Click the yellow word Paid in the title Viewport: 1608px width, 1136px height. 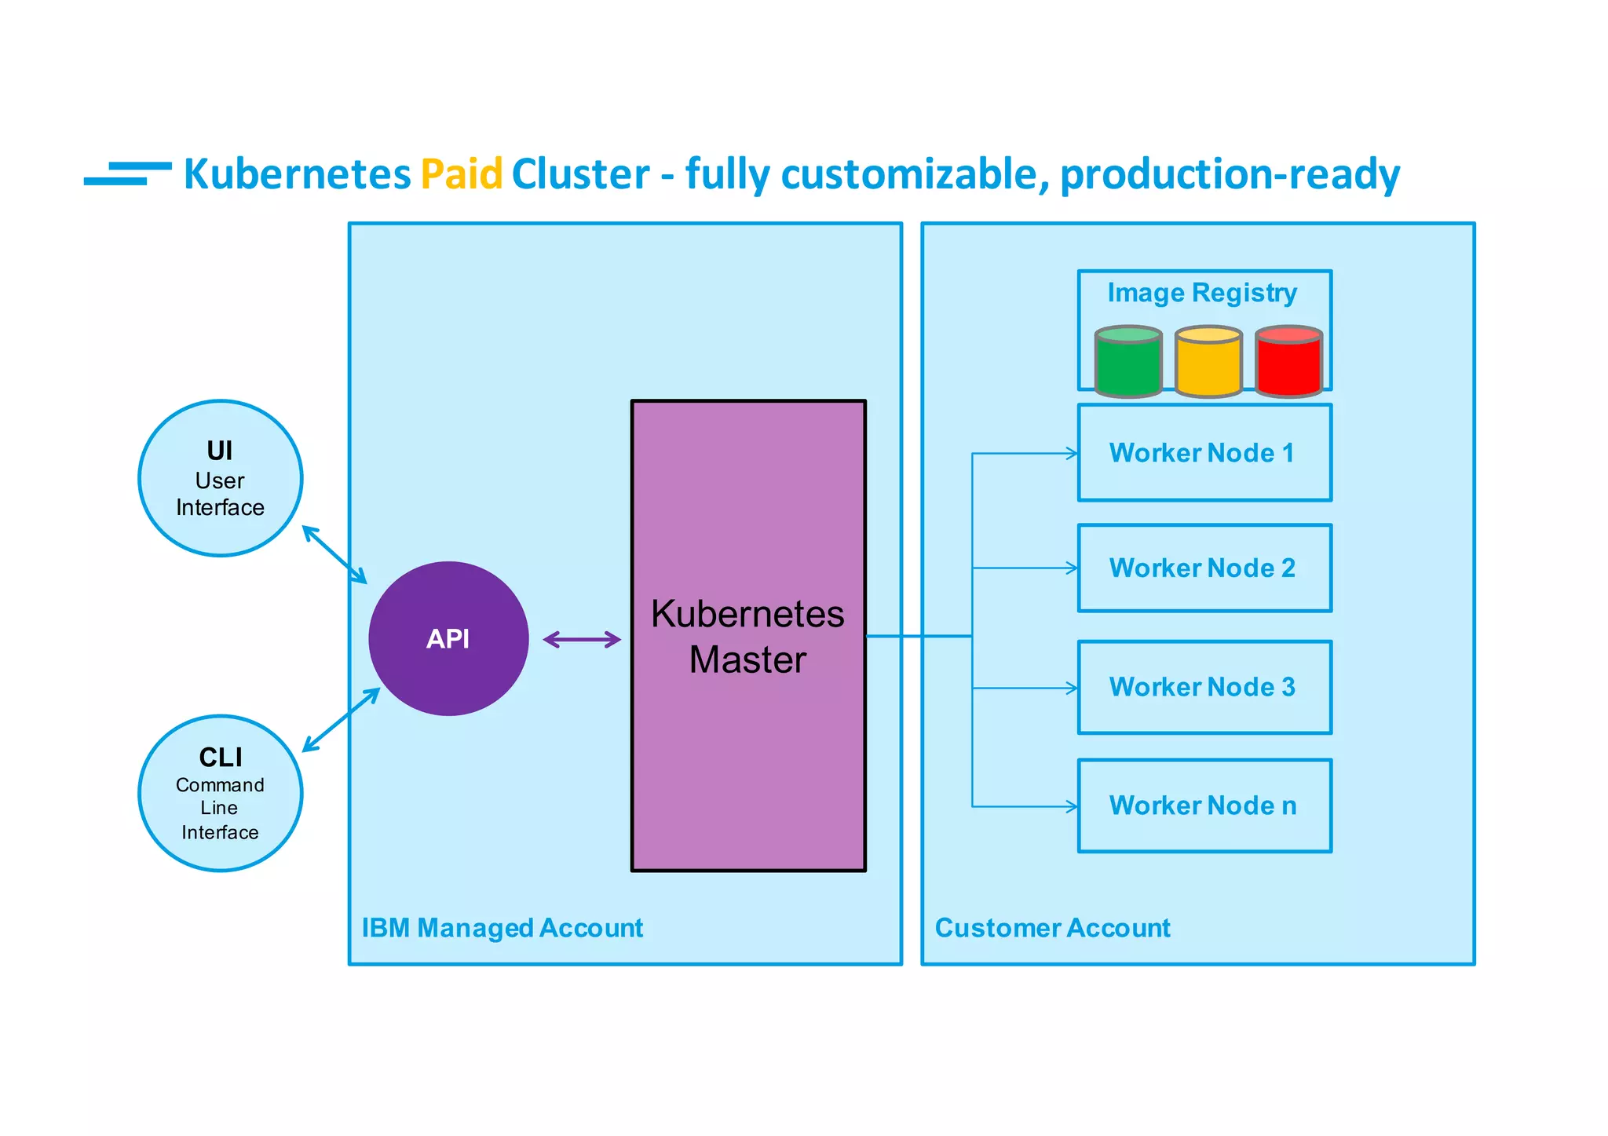click(461, 174)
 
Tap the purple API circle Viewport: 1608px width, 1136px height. click(448, 638)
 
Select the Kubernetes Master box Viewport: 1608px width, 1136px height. click(748, 636)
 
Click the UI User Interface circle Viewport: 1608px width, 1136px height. click(221, 478)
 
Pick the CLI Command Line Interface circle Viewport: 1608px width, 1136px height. click(221, 793)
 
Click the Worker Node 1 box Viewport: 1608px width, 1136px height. click(1204, 453)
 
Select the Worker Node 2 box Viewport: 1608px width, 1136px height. click(1204, 568)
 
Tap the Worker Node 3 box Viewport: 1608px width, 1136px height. click(1204, 687)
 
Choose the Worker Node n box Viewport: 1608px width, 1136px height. click(1204, 805)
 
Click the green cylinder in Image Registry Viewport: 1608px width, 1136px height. click(1128, 363)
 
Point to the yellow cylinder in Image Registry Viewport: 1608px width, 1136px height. click(1208, 363)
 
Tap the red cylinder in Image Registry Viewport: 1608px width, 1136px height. click(1288, 363)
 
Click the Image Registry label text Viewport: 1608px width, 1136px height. click(1201, 293)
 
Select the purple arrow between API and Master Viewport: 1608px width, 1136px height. click(582, 640)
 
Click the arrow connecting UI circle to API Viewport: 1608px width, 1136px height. click(334, 555)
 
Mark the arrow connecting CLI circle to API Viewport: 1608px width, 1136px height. click(341, 720)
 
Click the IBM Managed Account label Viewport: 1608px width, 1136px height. click(502, 928)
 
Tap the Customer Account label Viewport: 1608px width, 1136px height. click(1052, 928)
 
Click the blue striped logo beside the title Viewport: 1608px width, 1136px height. click(128, 174)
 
